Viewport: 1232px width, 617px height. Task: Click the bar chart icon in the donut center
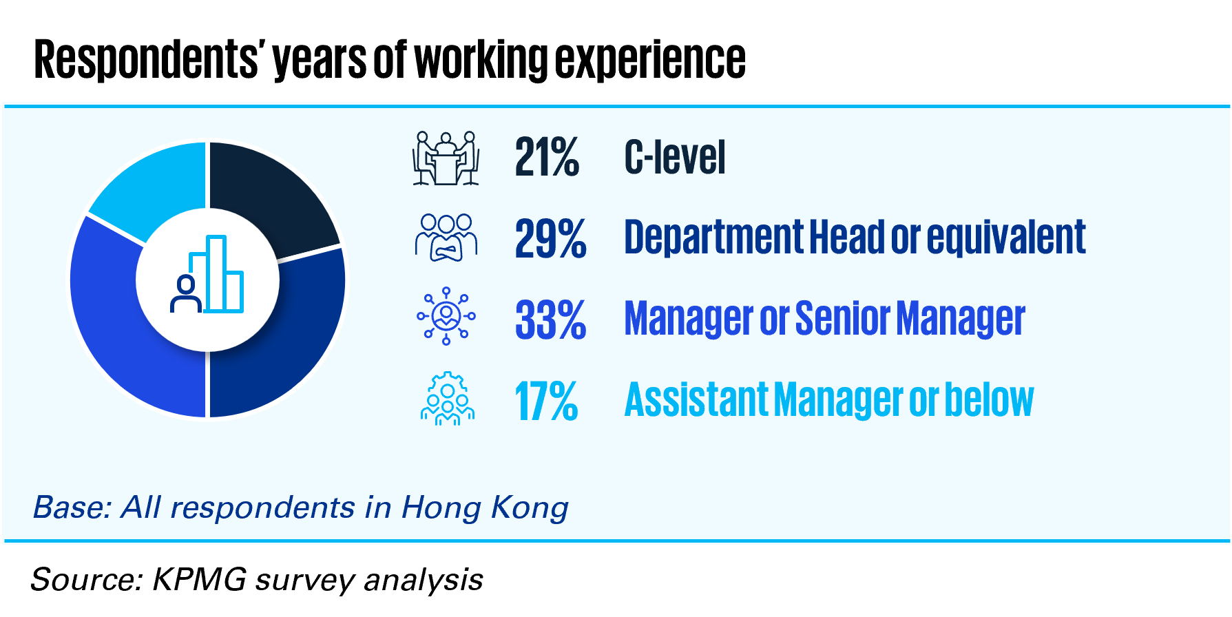[x=207, y=274]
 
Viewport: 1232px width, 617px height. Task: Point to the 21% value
[x=547, y=158]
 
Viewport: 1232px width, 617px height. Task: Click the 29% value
[x=550, y=239]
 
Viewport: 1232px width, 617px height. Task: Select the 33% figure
[x=550, y=320]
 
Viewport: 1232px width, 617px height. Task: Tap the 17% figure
[x=546, y=401]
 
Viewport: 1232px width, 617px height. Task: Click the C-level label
[x=675, y=157]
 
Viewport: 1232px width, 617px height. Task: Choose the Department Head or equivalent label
[x=855, y=238]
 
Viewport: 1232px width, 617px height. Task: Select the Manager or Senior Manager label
[x=824, y=318]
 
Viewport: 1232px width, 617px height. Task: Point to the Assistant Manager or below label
[x=829, y=399]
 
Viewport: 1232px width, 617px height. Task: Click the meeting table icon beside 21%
[x=446, y=158]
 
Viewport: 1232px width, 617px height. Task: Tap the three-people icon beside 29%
[x=446, y=237]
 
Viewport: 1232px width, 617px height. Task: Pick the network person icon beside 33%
[x=446, y=316]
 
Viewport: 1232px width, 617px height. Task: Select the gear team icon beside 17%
[x=448, y=399]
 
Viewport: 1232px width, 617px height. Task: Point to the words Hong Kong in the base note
[x=485, y=508]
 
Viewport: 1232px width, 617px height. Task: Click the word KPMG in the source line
[x=200, y=579]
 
